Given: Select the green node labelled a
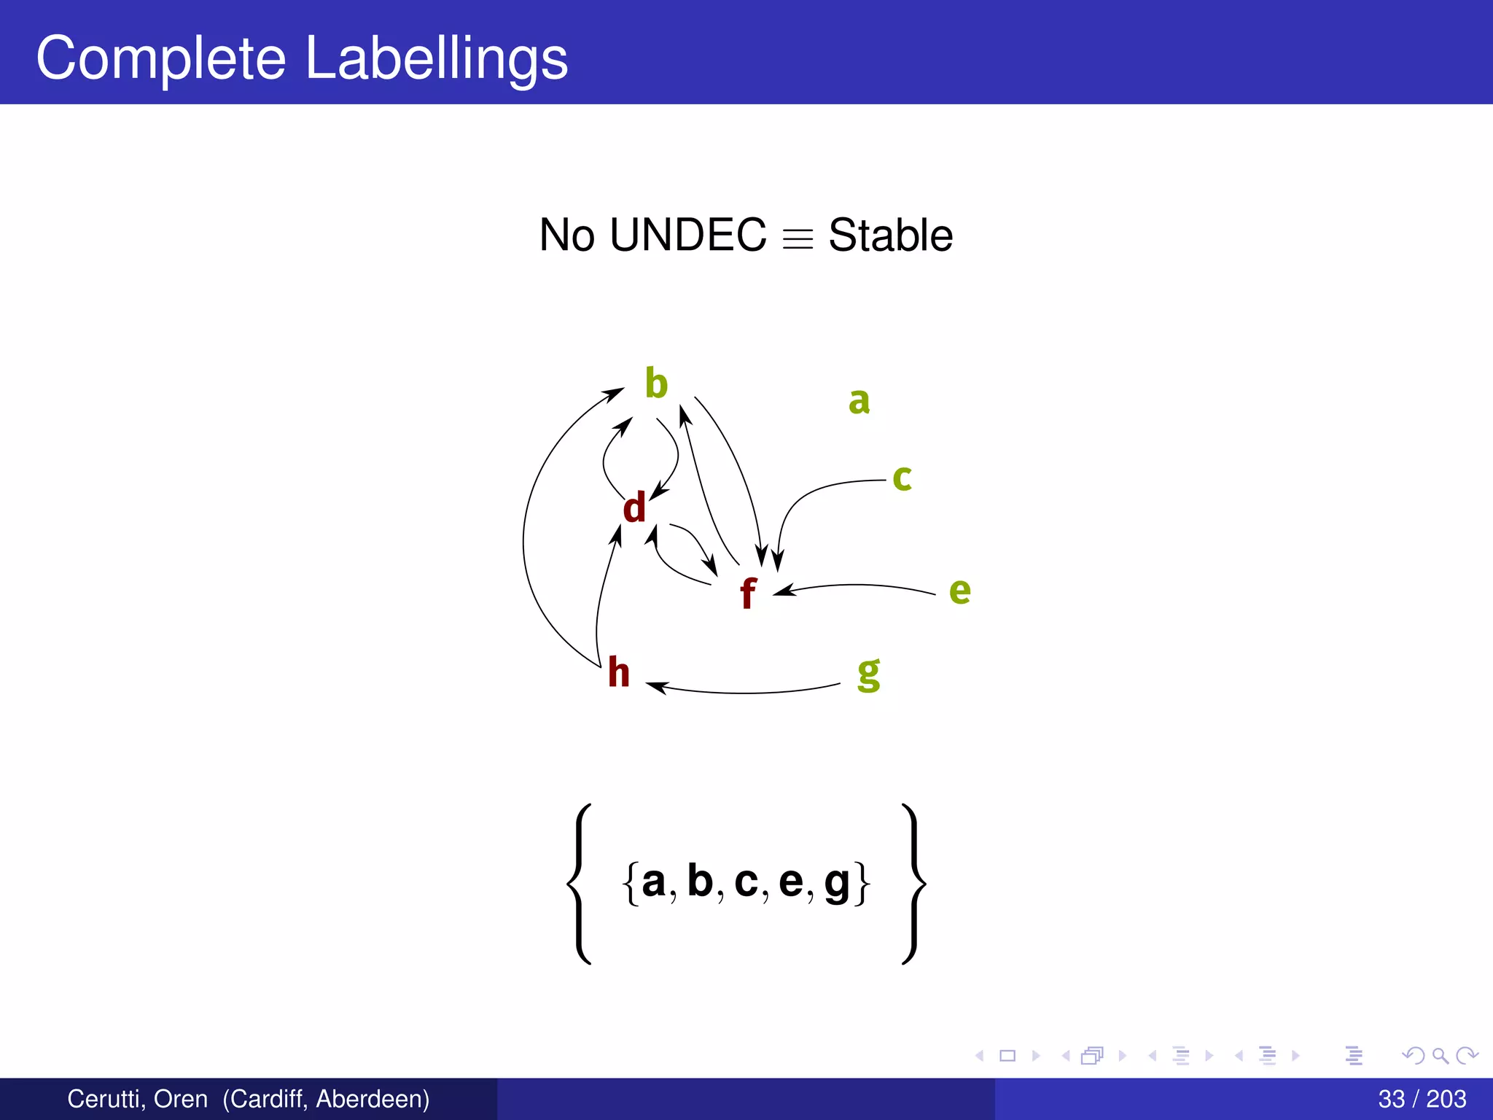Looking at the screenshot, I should tap(859, 401).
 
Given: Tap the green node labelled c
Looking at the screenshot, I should tap(902, 478).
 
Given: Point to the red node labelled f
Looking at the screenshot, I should tap(747, 593).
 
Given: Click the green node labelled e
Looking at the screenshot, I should tap(959, 591).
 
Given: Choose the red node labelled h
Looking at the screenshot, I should tap(618, 672).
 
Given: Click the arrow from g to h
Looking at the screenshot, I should tap(744, 692).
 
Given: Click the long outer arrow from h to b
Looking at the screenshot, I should tap(524, 540).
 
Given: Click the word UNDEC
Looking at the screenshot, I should tap(687, 235).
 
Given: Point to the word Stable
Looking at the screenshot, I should tap(890, 235).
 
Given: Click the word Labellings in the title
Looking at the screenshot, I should tap(436, 58).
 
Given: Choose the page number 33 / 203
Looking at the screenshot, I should tap(1422, 1099).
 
